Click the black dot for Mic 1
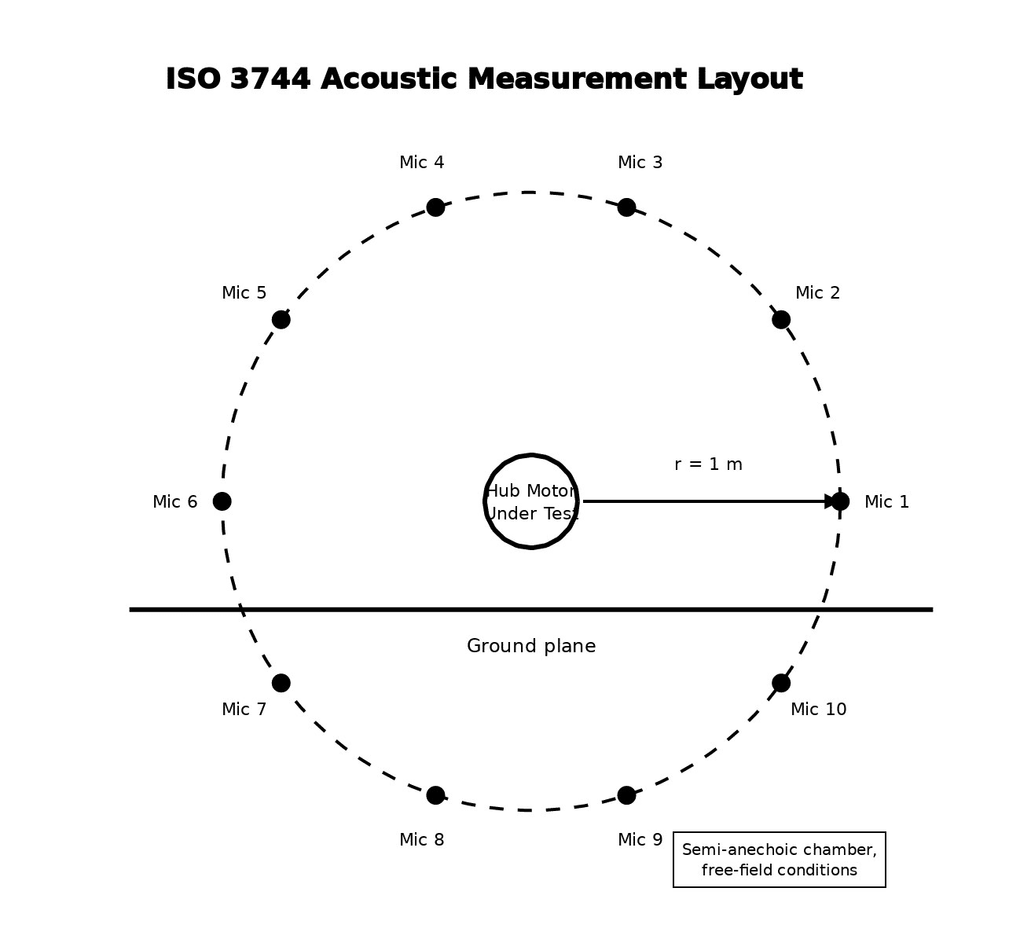tap(840, 501)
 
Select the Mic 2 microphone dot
tap(781, 320)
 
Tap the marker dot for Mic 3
tap(626, 207)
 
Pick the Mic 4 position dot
tap(435, 207)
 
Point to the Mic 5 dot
tap(281, 320)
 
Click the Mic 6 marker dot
tap(222, 501)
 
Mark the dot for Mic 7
tap(281, 684)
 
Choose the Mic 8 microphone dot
tap(435, 795)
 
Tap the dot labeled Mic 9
tap(626, 795)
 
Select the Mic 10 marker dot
tap(781, 684)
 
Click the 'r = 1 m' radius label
tap(708, 464)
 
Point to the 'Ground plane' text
tap(531, 646)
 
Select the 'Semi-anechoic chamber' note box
tap(779, 859)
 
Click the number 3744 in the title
tap(270, 79)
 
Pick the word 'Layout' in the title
tap(750, 80)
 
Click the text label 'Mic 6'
tap(174, 502)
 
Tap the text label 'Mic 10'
tap(819, 710)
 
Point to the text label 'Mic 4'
tap(422, 163)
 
